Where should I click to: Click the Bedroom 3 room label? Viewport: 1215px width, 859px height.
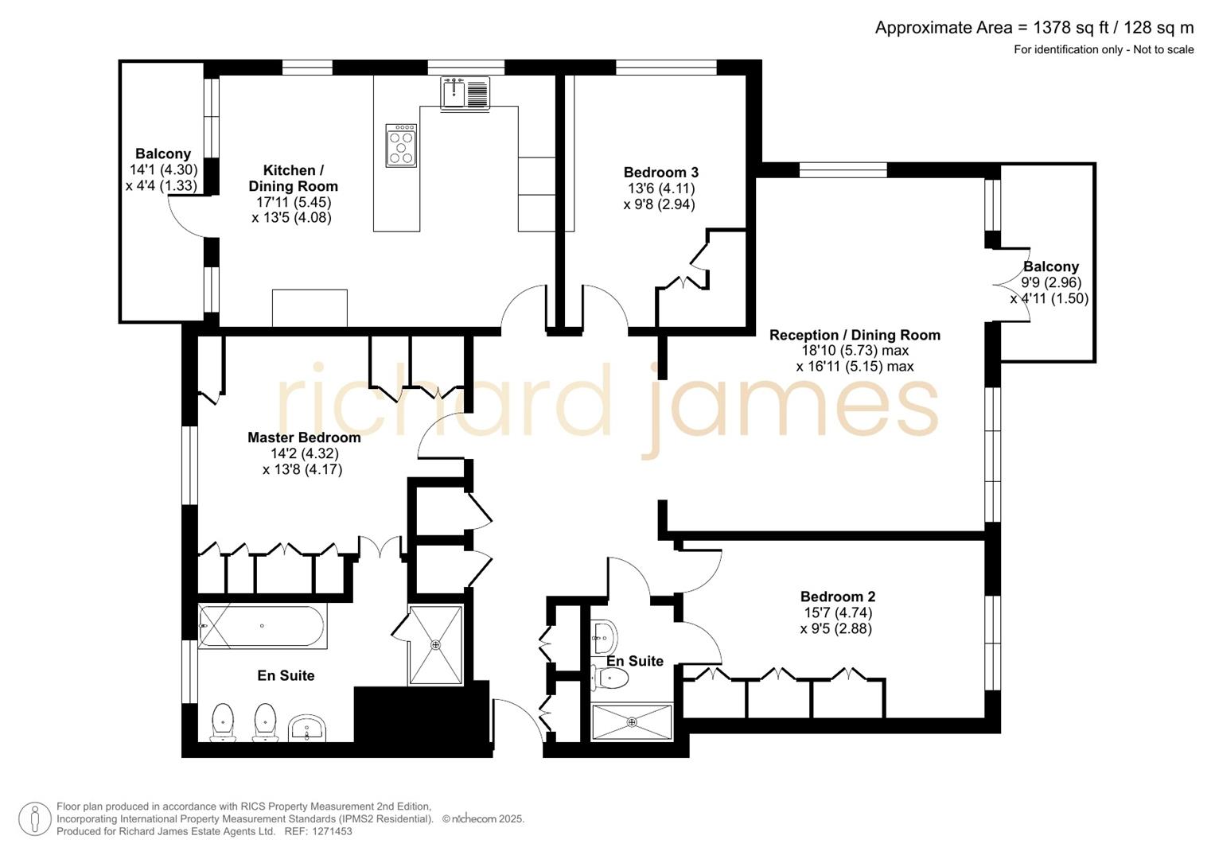click(x=660, y=173)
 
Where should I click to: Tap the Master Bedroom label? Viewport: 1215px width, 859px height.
click(x=304, y=437)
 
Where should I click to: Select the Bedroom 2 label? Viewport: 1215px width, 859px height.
click(x=838, y=597)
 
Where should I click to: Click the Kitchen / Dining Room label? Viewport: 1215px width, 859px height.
click(x=293, y=178)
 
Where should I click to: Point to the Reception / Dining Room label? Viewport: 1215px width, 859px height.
click(x=855, y=335)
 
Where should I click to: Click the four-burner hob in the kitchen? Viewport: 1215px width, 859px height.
click(x=401, y=146)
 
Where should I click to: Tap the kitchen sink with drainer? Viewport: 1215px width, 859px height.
click(x=465, y=92)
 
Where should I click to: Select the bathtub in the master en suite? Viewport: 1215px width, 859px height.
click(x=261, y=627)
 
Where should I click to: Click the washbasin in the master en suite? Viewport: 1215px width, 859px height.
click(x=307, y=728)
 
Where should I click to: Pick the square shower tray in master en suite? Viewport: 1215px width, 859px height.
click(x=435, y=644)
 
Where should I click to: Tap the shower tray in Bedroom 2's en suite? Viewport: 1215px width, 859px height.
click(x=632, y=722)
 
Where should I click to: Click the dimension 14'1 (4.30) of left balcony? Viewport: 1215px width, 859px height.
click(x=163, y=169)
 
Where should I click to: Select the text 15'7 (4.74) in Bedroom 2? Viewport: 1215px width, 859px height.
click(x=838, y=612)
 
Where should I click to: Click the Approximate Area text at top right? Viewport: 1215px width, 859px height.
click(x=1034, y=28)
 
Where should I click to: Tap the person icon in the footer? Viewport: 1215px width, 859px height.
click(x=35, y=819)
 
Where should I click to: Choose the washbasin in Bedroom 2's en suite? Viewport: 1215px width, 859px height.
click(x=604, y=634)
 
